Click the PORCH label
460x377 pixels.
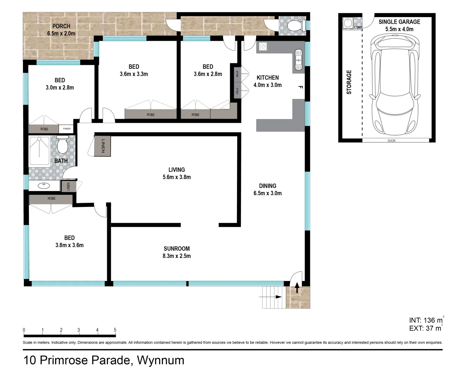point(61,26)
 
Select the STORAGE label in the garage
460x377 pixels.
point(349,82)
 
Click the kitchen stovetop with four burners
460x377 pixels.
point(263,46)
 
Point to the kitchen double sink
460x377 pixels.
point(298,60)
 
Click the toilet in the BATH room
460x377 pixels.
point(62,144)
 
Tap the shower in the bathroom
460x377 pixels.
point(39,150)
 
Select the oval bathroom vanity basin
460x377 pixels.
point(44,186)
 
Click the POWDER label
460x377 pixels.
point(67,129)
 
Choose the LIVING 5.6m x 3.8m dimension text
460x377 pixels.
point(177,177)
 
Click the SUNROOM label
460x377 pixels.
point(177,249)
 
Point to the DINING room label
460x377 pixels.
point(268,186)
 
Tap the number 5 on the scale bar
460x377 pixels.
point(115,330)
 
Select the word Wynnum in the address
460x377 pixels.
point(161,360)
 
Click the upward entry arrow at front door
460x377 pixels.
point(297,288)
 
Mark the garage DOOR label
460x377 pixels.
point(392,141)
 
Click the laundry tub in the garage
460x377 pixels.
point(348,23)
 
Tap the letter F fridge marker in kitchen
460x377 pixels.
point(301,87)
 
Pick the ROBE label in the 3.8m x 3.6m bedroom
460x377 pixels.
point(51,198)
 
